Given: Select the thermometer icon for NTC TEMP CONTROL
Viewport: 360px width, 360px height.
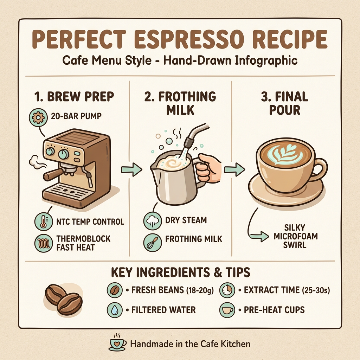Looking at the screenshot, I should click(x=43, y=222).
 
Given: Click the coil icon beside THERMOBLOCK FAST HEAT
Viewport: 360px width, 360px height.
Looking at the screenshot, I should click(x=43, y=243).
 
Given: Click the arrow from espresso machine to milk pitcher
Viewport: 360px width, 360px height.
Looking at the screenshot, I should click(x=131, y=170).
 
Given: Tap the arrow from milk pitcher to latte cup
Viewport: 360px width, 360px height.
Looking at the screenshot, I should click(x=234, y=170).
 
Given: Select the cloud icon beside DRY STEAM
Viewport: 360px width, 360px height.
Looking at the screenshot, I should click(x=152, y=221).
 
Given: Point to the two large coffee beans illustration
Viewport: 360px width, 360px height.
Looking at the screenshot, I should click(x=64, y=299).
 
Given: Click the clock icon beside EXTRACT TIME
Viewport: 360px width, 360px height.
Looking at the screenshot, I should click(x=227, y=290).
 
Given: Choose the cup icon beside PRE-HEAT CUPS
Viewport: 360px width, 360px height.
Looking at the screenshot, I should click(x=227, y=310).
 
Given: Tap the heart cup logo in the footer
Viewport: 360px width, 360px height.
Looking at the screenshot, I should click(x=118, y=342).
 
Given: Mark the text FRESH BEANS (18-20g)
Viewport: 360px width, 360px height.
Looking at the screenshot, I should click(x=170, y=291).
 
